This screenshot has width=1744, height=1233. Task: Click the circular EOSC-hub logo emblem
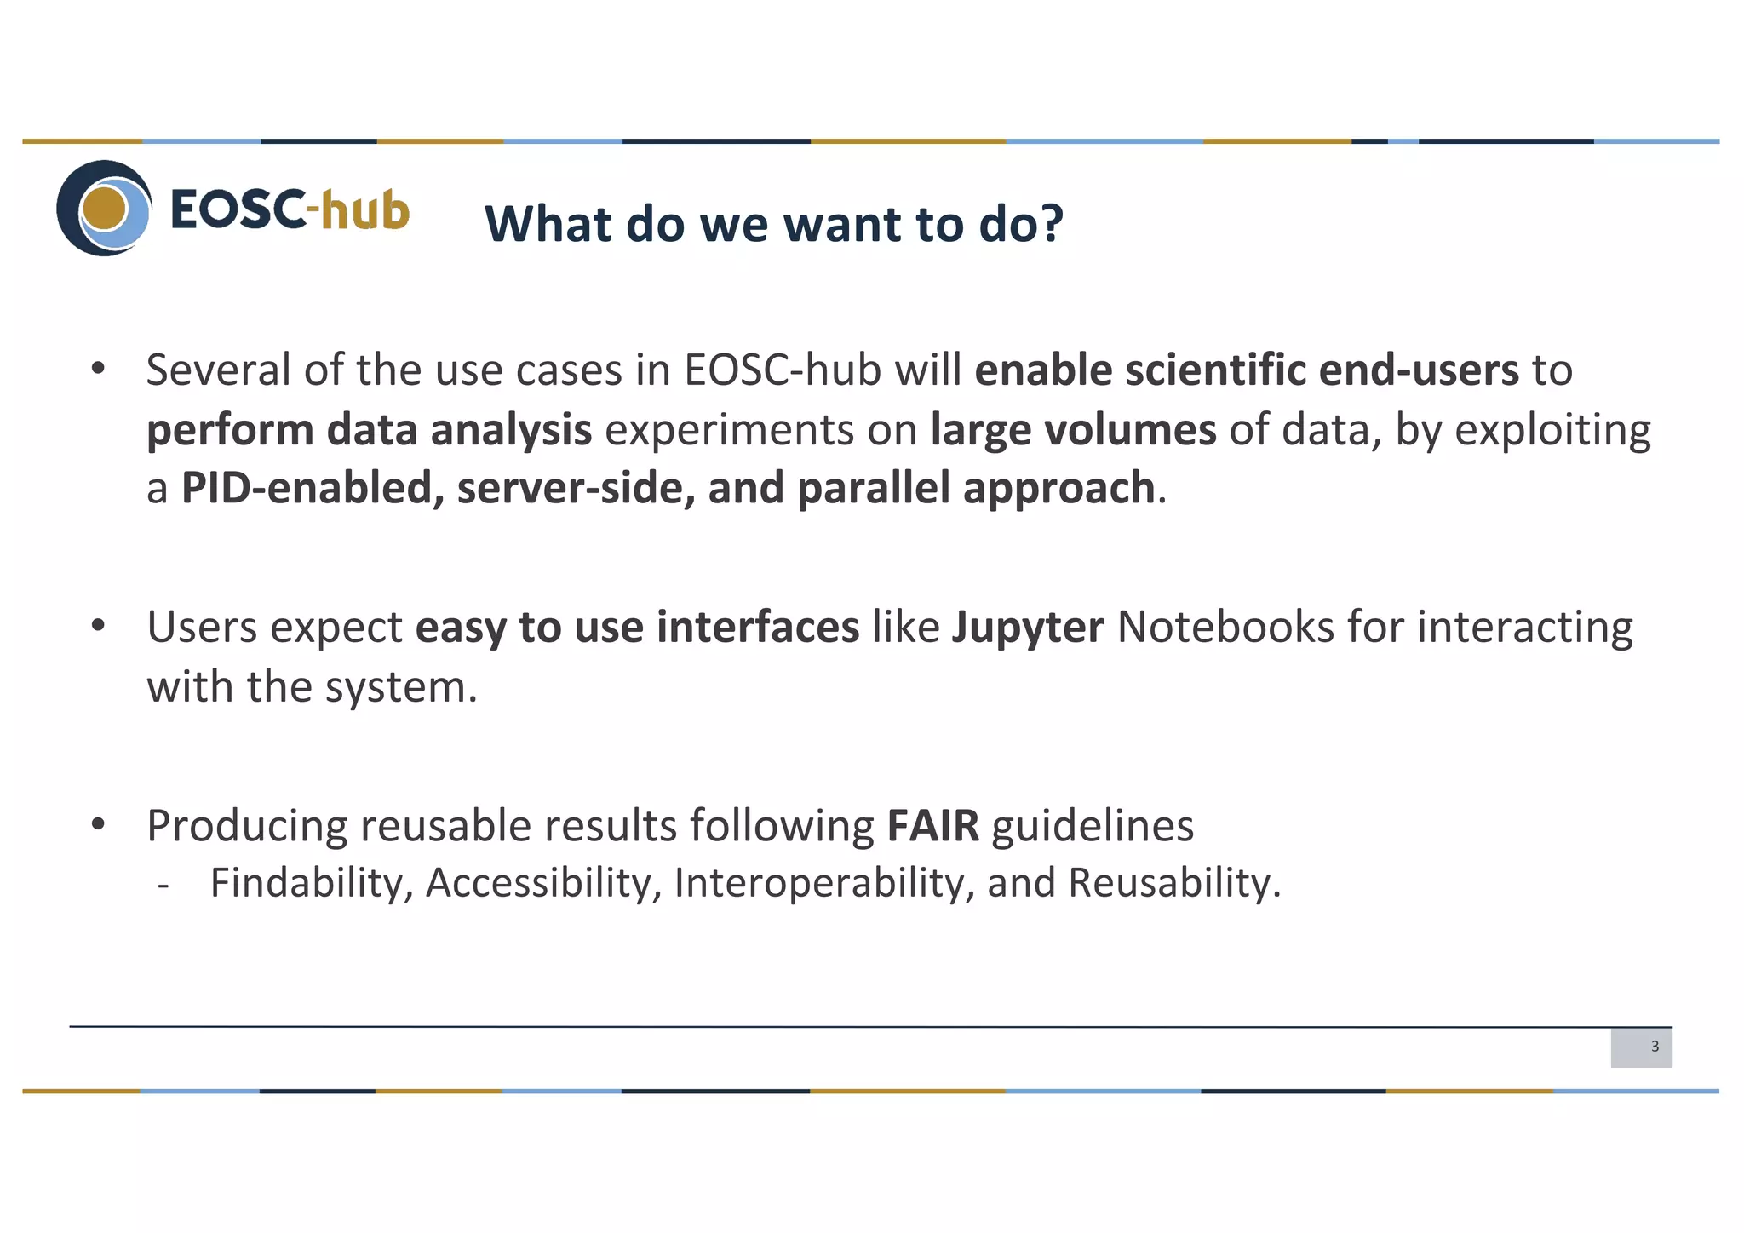coord(104,208)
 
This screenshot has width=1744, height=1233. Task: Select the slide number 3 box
coord(1641,1047)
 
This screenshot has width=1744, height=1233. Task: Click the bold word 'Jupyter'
coord(1027,628)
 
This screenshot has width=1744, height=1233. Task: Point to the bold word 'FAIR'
coord(932,826)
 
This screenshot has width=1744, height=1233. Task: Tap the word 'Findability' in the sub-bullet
coord(312,883)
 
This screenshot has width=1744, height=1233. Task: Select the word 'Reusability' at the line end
coord(1173,883)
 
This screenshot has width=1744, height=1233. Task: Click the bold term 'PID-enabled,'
coord(313,489)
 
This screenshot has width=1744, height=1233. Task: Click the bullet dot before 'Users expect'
coord(98,626)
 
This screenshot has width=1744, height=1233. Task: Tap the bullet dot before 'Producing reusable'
coord(98,824)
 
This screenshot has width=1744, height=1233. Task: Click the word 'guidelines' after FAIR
coord(1093,826)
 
